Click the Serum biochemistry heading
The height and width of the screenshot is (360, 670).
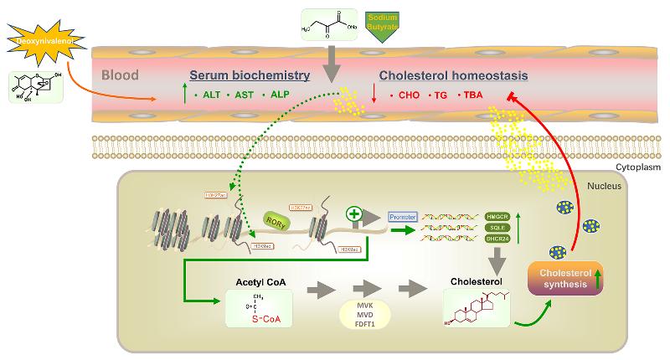coord(250,76)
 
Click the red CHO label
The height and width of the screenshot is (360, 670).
coord(407,96)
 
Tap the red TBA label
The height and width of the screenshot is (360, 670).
coord(471,96)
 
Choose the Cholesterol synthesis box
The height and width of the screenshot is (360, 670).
coord(564,275)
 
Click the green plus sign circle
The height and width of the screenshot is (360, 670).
coord(354,215)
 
